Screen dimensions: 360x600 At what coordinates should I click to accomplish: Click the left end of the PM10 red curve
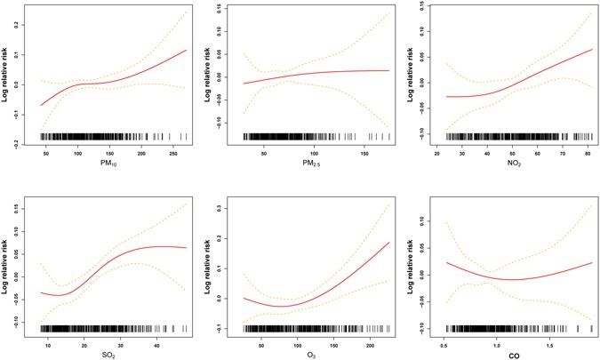(41, 105)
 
